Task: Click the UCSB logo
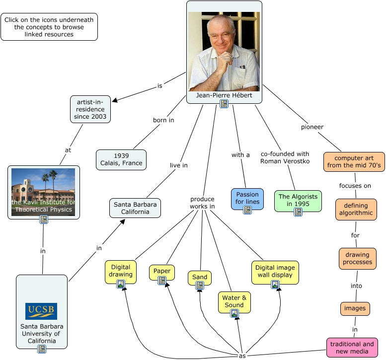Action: point(41,311)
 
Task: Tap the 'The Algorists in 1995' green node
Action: point(298,197)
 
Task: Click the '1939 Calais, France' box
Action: point(121,159)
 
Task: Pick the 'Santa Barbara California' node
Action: point(135,208)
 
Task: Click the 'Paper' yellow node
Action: point(162,271)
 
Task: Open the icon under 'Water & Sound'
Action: point(234,314)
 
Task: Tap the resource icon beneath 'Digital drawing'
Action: point(121,285)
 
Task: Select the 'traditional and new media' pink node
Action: point(352,348)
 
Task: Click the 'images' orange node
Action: point(355,308)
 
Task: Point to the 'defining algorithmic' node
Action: point(355,210)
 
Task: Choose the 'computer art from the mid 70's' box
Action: point(354,162)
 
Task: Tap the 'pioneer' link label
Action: point(312,127)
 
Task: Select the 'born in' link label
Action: point(163,120)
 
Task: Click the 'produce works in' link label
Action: point(202,203)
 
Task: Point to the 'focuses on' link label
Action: point(355,186)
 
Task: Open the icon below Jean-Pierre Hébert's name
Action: point(224,103)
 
